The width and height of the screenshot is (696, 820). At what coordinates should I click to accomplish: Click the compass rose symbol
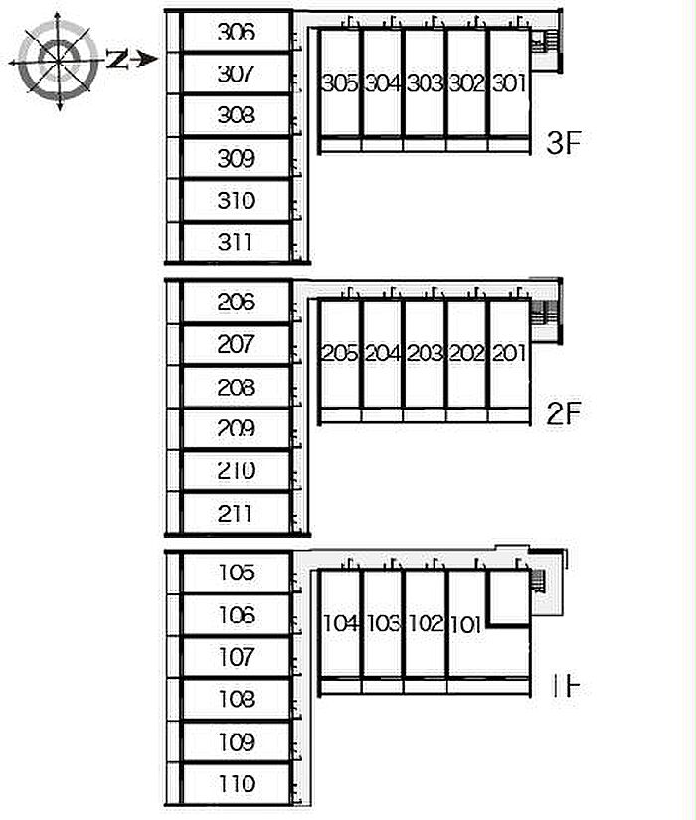coord(59,61)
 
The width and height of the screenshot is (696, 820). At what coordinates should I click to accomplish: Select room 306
coord(236,32)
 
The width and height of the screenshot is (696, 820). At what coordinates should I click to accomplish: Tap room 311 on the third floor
coord(236,242)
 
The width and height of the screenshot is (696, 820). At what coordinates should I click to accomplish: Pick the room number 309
coord(236,158)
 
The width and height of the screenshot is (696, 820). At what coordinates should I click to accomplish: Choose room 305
coord(340,84)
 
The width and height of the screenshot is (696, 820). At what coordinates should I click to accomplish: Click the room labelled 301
coord(508,84)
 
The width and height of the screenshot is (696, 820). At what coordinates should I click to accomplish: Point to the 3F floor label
coord(562,144)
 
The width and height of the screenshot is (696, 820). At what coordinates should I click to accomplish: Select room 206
coord(236,302)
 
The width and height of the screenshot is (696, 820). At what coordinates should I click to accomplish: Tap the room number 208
coord(236,387)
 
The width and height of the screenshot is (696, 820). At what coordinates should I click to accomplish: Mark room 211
coord(236,513)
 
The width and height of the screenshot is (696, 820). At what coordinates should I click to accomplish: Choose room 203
coord(425,353)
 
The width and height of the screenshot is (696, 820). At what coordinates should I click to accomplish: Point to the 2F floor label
coord(562,413)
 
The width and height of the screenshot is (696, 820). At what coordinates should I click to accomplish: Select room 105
coord(236,573)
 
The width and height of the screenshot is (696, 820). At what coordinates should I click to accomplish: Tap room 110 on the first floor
coord(236,784)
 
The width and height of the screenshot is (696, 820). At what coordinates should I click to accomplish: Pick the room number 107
coord(236,657)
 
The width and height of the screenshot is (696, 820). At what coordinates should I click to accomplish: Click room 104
coord(340,624)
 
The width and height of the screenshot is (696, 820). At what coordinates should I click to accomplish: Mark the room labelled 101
coord(465,625)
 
